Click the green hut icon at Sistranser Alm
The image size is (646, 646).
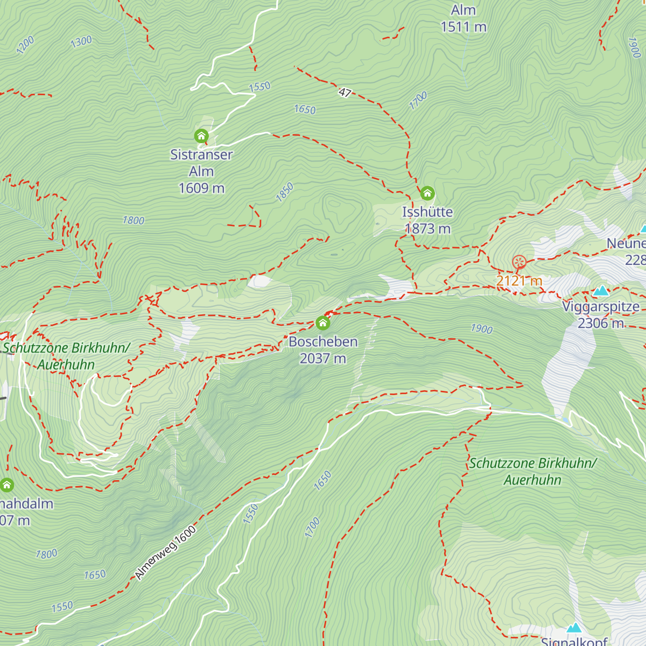[x=201, y=135]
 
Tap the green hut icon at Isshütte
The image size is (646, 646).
[x=427, y=193]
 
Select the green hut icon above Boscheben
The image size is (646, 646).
[x=323, y=322]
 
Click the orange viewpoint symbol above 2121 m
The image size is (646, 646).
[x=519, y=262]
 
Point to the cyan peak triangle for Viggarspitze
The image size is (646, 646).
[x=601, y=291]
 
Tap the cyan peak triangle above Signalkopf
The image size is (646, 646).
[x=574, y=628]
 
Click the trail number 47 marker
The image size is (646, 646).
[x=345, y=93]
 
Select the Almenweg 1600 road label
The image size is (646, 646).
[x=165, y=553]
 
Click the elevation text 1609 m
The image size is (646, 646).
[x=201, y=188]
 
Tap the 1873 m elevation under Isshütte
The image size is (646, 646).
[x=427, y=229]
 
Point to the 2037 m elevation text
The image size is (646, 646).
[x=322, y=359]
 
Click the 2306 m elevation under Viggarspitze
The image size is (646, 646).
[x=600, y=323]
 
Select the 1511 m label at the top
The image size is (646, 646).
[x=463, y=26]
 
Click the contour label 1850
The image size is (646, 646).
[x=285, y=192]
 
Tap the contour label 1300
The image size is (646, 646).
[x=81, y=41]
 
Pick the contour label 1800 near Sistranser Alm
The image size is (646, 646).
[x=133, y=220]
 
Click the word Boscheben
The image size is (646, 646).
[x=323, y=342]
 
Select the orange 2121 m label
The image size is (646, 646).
[x=519, y=281]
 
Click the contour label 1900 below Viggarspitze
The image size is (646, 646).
[x=481, y=328]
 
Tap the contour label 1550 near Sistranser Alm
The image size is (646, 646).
[x=259, y=87]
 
